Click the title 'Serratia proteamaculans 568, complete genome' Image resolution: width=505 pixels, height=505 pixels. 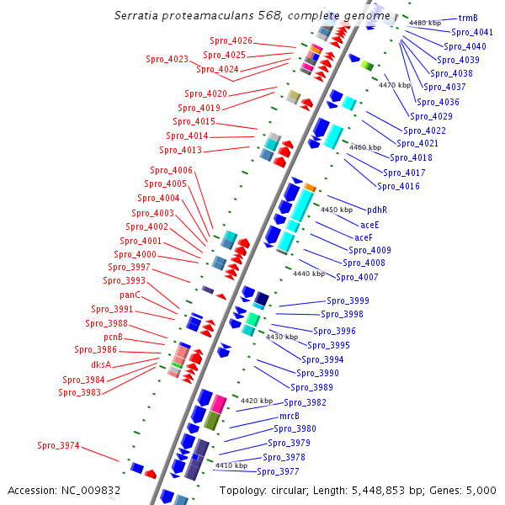[252, 16]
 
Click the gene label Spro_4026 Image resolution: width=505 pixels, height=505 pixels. [230, 40]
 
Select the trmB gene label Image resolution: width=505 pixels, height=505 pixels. [468, 18]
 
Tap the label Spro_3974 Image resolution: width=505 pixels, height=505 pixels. [59, 445]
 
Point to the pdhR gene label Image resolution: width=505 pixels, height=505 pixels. [376, 210]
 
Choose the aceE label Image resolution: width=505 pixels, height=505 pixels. [369, 225]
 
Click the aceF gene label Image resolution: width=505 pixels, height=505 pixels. [364, 237]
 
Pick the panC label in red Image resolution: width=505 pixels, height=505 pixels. [130, 295]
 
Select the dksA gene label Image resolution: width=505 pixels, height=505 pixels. [101, 365]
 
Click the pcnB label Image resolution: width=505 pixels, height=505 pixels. [113, 337]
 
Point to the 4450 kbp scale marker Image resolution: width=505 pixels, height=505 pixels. [337, 210]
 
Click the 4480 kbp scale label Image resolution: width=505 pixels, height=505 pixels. [425, 23]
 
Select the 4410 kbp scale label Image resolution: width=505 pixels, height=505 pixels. [231, 465]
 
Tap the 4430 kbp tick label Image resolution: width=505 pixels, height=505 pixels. [282, 337]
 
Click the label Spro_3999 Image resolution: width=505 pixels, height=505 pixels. [348, 300]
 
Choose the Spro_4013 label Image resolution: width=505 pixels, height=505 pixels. [180, 150]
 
